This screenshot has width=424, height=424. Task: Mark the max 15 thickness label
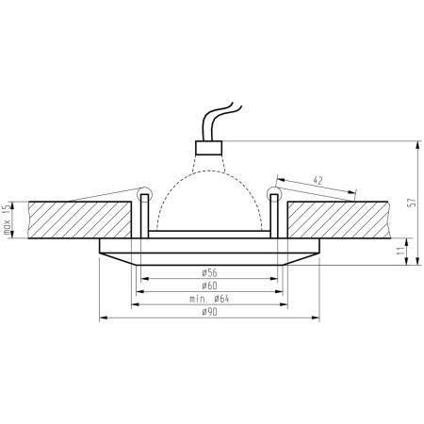tap(8, 219)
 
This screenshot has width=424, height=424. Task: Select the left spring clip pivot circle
tap(144, 195)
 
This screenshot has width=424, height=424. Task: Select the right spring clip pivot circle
tap(274, 195)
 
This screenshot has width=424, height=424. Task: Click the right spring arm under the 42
tap(316, 192)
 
